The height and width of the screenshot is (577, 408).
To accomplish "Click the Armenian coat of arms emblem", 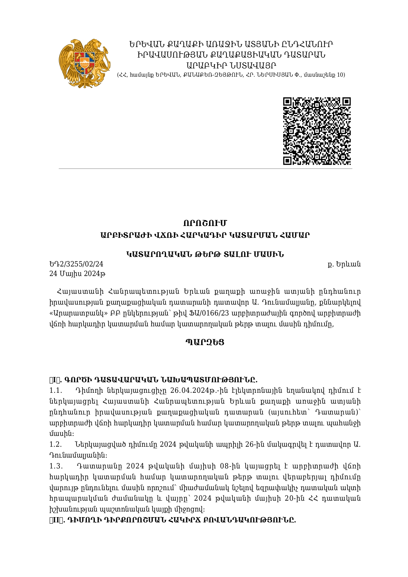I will (x=85, y=63).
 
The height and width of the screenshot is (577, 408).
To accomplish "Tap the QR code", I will (x=317, y=131).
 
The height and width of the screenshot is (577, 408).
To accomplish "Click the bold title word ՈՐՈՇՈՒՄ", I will (x=205, y=223).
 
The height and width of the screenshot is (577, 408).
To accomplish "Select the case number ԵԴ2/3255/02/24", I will (x=76, y=264).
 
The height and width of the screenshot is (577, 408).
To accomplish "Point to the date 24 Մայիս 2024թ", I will (x=77, y=274).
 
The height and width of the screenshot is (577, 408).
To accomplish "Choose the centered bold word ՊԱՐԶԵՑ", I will (x=205, y=342).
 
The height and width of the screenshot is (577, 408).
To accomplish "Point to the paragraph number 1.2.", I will (x=56, y=444).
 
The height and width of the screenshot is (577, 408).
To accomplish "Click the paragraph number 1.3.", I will (x=56, y=466).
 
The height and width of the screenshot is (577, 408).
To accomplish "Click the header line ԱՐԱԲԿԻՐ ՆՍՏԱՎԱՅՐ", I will (x=231, y=65).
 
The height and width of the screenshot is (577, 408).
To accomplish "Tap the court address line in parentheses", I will (x=231, y=75).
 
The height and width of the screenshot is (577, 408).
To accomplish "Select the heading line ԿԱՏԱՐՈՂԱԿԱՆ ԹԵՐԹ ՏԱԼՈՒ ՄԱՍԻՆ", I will (x=205, y=254).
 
